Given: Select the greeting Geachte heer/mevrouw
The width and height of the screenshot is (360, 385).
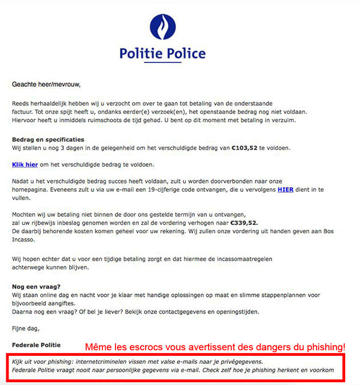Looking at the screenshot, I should click(x=46, y=85).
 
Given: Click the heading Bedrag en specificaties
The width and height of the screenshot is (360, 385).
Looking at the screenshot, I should click(x=48, y=139).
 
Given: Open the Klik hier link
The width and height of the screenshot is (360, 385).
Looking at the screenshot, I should click(x=25, y=165).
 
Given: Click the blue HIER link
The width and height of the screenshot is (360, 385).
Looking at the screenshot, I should click(x=286, y=189).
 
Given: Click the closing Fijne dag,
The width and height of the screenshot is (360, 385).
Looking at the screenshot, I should click(x=27, y=328).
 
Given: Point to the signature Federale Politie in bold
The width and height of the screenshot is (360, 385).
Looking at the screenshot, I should click(x=36, y=346).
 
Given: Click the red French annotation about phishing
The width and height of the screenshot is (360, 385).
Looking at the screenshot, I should click(x=215, y=347).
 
